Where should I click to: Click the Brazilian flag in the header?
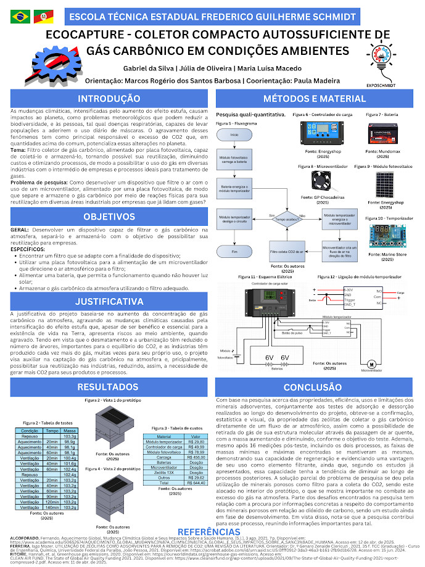pos(15,15)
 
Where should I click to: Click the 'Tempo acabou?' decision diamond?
pos(290,218)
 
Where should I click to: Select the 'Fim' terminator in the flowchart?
pos(234,252)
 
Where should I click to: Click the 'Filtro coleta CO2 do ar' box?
pos(287,252)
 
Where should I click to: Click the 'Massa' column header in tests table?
pos(70,431)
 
